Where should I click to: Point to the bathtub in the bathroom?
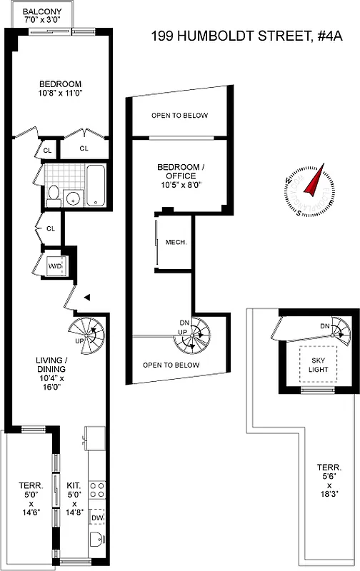94,184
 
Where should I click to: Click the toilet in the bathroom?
53,195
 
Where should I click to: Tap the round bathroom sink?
72,197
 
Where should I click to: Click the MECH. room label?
176,242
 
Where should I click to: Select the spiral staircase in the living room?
86,333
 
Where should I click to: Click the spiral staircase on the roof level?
338,330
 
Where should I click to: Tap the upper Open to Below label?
179,116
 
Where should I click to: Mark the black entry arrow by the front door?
85,297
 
